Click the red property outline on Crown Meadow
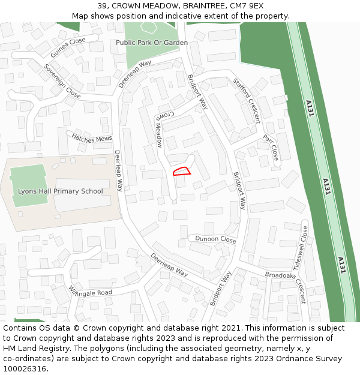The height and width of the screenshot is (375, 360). click(182, 172)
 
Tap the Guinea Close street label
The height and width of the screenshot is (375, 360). click(68, 47)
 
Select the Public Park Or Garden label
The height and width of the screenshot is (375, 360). click(152, 43)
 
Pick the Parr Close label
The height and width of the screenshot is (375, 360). click(271, 148)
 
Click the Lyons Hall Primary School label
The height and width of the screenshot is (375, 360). click(60, 191)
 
